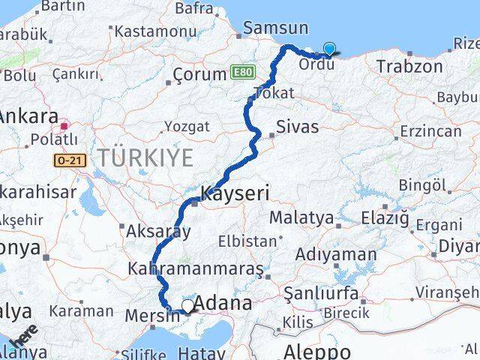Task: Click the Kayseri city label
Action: pos(235,193)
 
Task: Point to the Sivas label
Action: pos(297,126)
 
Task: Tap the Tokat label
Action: pos(274,93)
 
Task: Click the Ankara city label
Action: pos(28,116)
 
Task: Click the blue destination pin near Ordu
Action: pos(329,49)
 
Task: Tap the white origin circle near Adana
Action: pos(187,305)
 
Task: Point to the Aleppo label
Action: pos(316,351)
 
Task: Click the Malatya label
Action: pos(301,217)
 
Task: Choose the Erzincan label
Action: pos(431,130)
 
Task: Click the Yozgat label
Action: pos(186,127)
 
